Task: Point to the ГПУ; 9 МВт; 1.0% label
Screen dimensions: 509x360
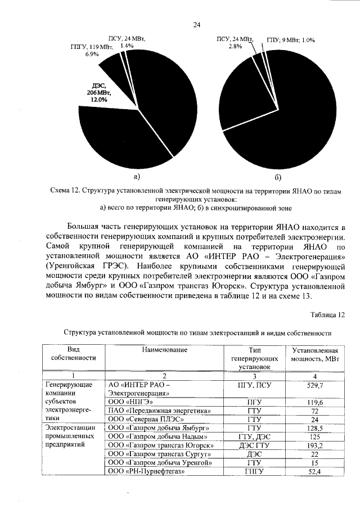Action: (x=291, y=40)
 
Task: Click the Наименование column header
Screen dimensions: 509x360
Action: (x=164, y=350)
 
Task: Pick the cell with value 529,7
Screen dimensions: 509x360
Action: (x=314, y=385)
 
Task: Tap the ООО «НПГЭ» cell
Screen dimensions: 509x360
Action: (x=130, y=402)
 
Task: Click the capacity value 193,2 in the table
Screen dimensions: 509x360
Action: (x=314, y=445)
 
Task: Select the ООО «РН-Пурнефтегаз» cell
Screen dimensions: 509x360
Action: (x=147, y=472)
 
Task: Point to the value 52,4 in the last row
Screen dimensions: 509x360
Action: (x=314, y=472)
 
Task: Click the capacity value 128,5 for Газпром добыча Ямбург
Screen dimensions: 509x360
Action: (x=314, y=428)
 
